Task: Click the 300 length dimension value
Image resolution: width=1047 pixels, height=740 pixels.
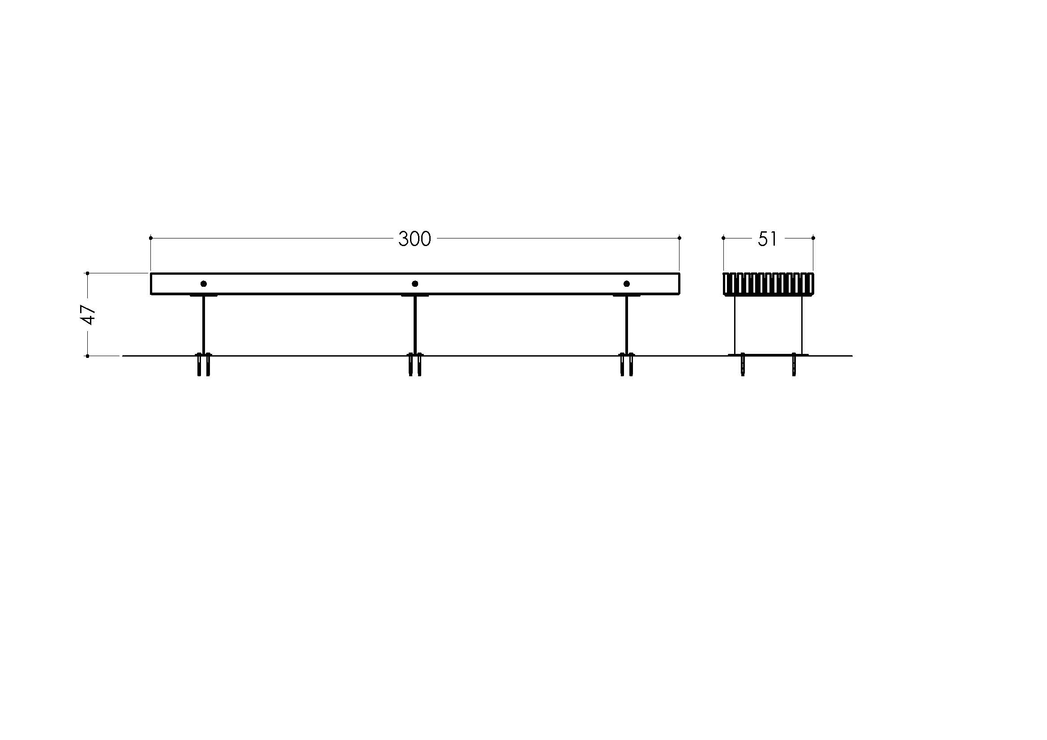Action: point(415,239)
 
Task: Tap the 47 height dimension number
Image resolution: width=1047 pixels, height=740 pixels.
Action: point(88,315)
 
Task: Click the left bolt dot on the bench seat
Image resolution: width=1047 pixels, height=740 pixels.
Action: point(204,284)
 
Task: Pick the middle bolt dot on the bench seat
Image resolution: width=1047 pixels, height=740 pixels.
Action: point(415,284)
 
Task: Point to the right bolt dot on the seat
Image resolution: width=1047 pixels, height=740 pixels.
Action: point(627,284)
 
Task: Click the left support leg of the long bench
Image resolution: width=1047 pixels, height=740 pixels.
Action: point(203,324)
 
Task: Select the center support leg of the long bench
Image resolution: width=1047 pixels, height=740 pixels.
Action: point(415,324)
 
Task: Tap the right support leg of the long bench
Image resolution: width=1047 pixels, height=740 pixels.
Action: point(627,324)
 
